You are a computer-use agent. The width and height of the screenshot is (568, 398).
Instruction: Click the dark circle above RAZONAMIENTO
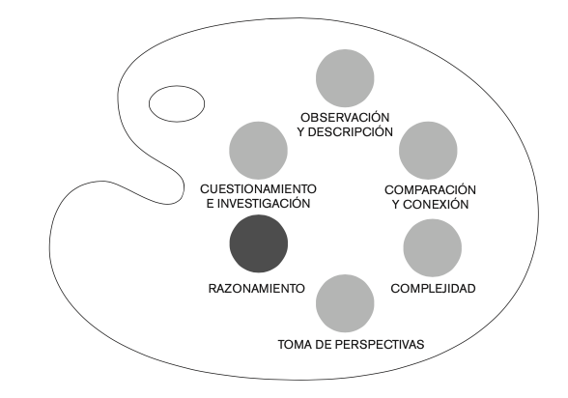tap(259, 243)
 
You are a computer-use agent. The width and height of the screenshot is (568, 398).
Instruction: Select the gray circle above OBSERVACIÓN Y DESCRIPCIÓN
tap(345, 78)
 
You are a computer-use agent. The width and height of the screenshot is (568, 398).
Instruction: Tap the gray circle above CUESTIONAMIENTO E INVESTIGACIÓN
tap(258, 151)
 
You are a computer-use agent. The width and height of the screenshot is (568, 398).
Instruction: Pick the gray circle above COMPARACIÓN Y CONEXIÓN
tap(428, 151)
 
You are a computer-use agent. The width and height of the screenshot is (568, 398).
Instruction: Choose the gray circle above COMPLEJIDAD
tap(432, 247)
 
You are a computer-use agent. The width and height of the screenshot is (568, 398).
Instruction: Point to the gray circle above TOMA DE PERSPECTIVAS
tap(345, 303)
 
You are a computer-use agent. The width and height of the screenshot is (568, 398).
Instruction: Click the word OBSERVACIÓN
tap(345, 118)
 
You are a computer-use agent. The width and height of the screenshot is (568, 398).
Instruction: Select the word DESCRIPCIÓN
tap(351, 132)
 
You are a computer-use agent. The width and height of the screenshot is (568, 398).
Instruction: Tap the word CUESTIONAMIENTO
tap(258, 189)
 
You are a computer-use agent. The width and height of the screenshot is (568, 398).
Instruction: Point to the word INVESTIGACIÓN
tap(264, 204)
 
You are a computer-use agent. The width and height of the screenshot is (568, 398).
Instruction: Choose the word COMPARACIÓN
tap(430, 189)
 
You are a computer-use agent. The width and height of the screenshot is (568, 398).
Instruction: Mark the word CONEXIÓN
tap(436, 204)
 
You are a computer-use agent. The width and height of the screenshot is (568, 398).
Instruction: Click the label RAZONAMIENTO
tap(257, 289)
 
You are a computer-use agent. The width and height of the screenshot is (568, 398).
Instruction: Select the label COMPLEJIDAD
tap(433, 289)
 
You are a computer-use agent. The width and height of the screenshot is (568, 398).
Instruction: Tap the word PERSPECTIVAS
tap(380, 345)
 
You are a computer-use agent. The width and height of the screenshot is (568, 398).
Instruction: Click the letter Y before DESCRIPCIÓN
tap(301, 132)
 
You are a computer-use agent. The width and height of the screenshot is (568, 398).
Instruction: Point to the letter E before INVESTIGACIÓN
tap(210, 204)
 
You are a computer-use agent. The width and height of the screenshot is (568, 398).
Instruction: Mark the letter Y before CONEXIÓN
tap(396, 204)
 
